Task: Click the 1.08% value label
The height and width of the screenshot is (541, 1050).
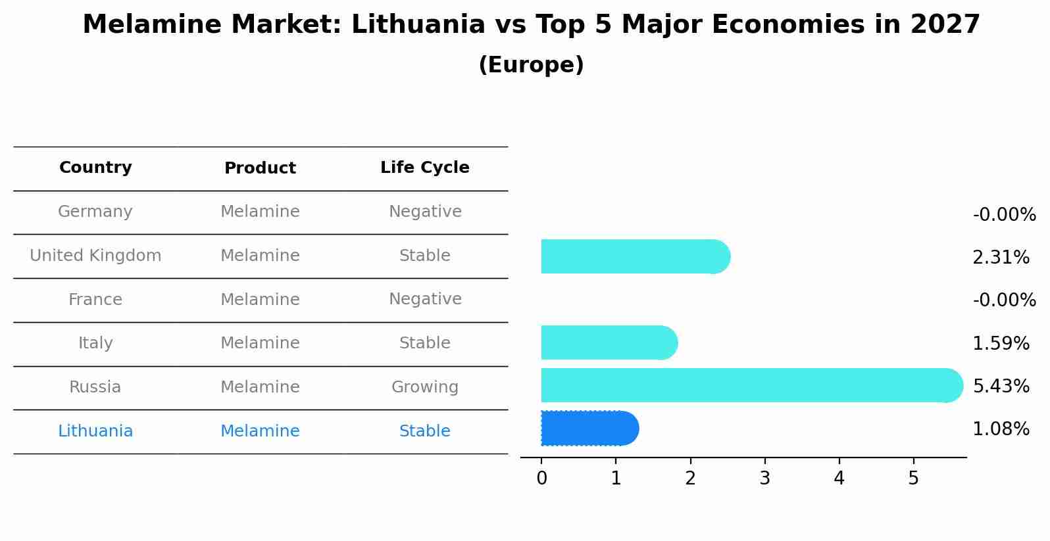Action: (x=1001, y=429)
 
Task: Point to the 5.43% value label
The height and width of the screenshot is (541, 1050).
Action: (x=1001, y=386)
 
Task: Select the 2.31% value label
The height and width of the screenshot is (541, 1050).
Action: (x=1001, y=258)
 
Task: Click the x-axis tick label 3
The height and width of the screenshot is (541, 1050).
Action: (x=764, y=479)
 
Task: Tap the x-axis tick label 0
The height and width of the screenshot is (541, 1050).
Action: (x=541, y=479)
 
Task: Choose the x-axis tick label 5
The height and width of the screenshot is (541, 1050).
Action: (x=913, y=479)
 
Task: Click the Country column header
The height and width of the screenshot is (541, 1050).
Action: (x=95, y=168)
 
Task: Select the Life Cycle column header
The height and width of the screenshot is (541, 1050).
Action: (x=424, y=168)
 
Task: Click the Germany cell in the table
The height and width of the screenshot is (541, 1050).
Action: (x=95, y=212)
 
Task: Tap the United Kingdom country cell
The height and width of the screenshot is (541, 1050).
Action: (x=95, y=256)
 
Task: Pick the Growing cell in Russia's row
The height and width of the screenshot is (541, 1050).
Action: (x=424, y=387)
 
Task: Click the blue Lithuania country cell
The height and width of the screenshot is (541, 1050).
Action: (x=95, y=431)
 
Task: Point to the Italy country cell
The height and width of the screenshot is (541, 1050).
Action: (x=95, y=343)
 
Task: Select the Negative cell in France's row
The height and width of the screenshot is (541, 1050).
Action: (x=424, y=299)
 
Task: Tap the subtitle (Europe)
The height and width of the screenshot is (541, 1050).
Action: (x=531, y=65)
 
